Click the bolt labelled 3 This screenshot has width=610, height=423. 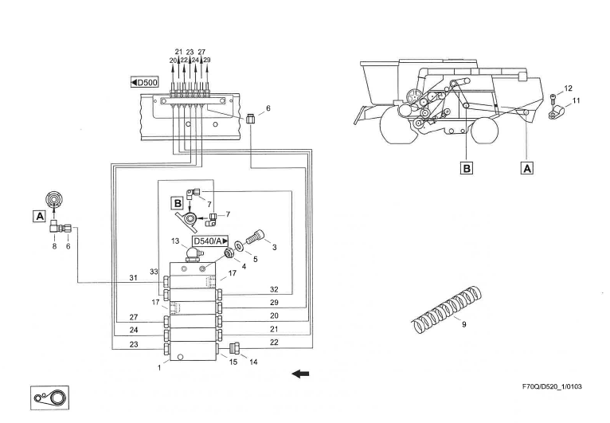[256, 237]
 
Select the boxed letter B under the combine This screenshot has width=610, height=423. [466, 168]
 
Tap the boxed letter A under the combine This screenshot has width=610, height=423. [526, 168]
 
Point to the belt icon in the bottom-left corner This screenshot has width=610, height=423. [49, 397]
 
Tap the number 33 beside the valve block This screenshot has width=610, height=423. [154, 272]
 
